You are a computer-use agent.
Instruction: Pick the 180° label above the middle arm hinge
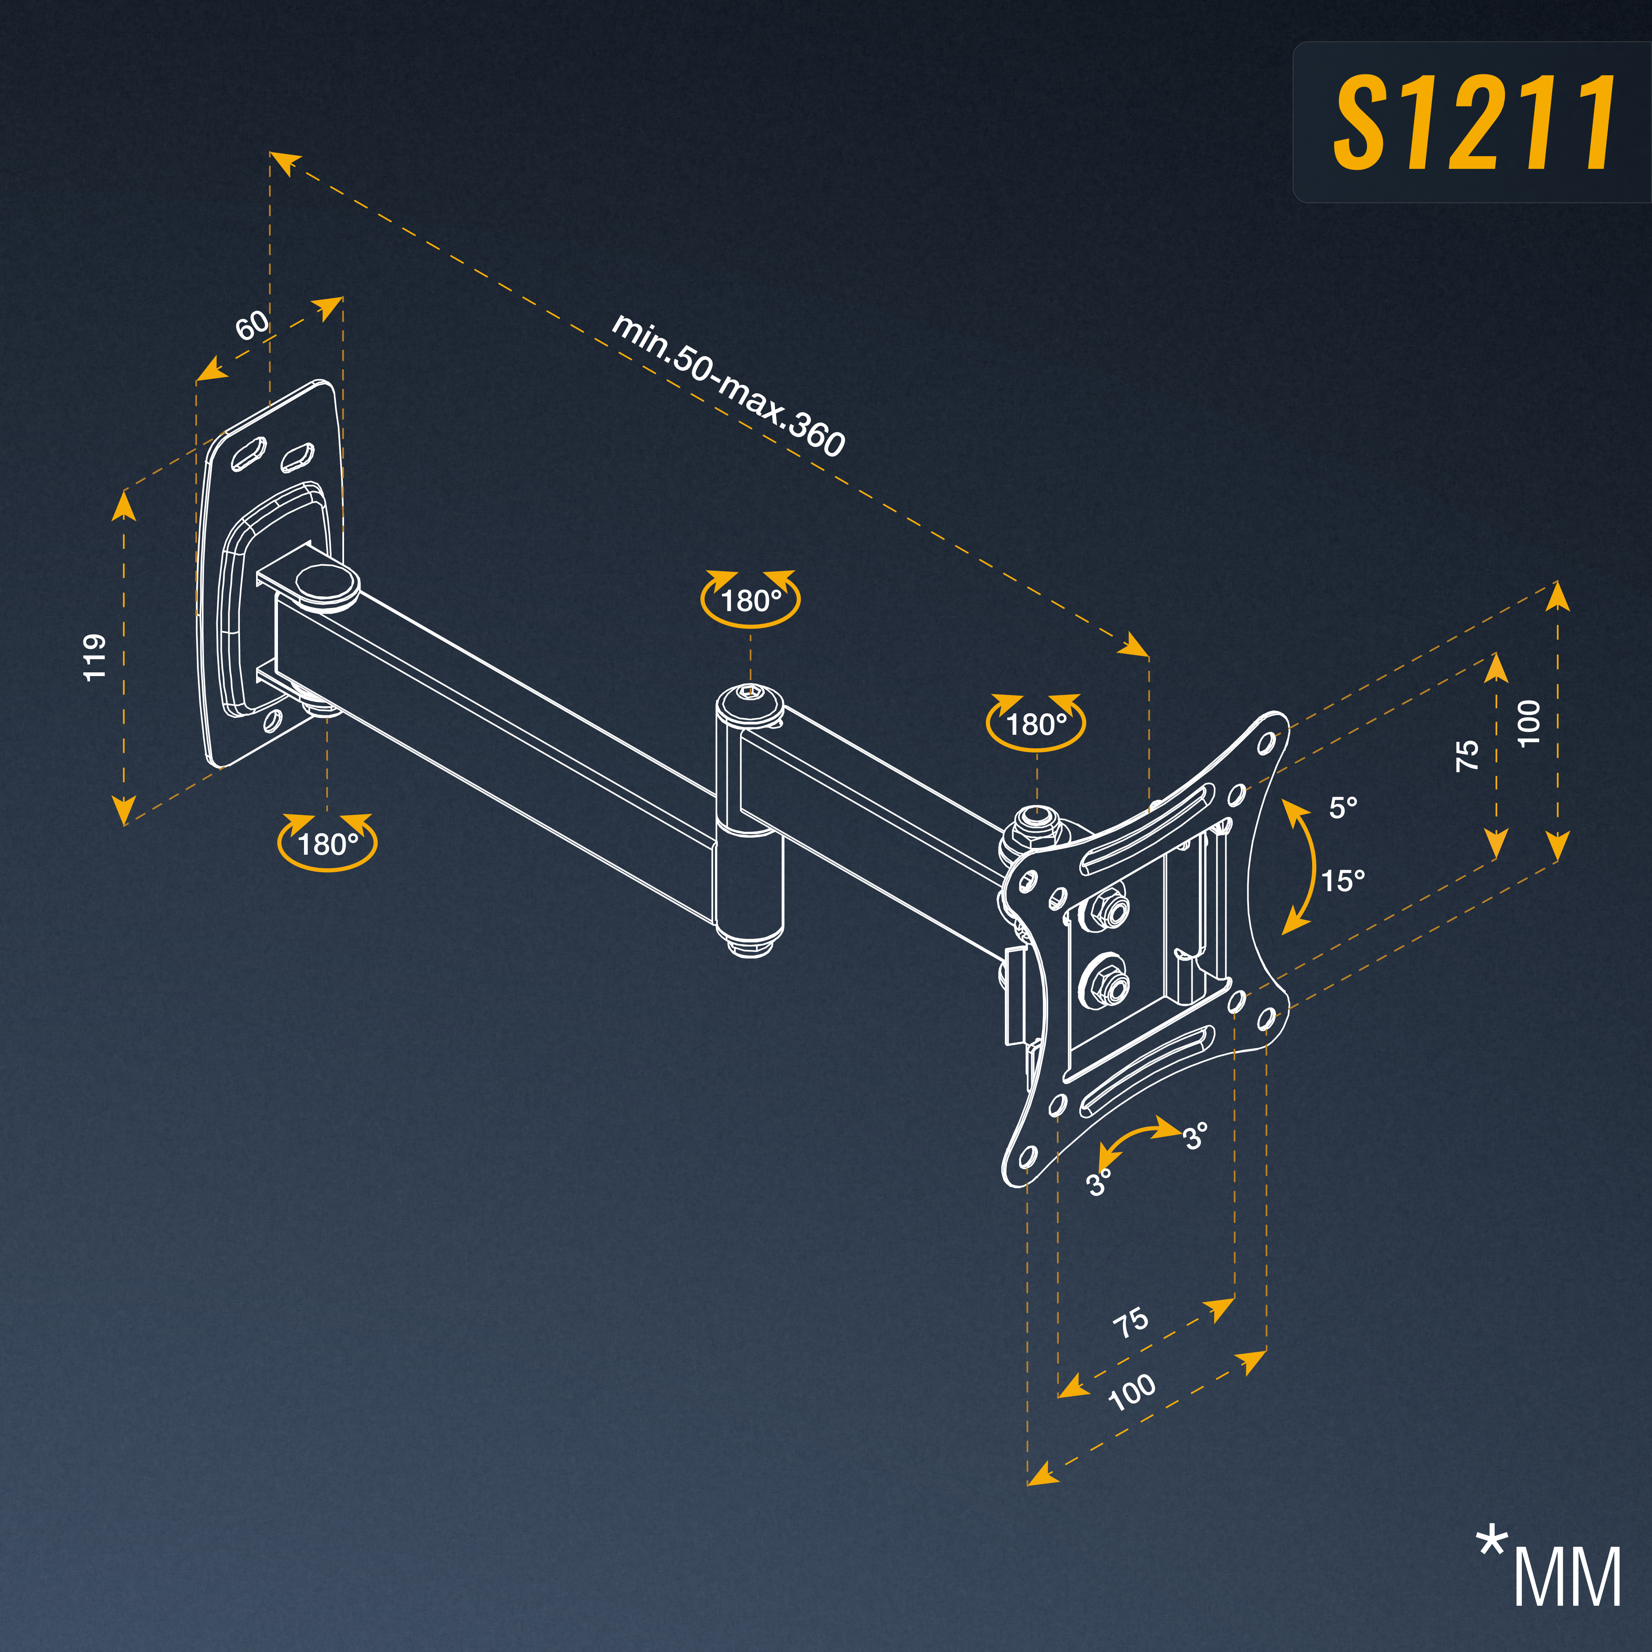point(751,601)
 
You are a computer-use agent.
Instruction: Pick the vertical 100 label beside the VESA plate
point(1529,722)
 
